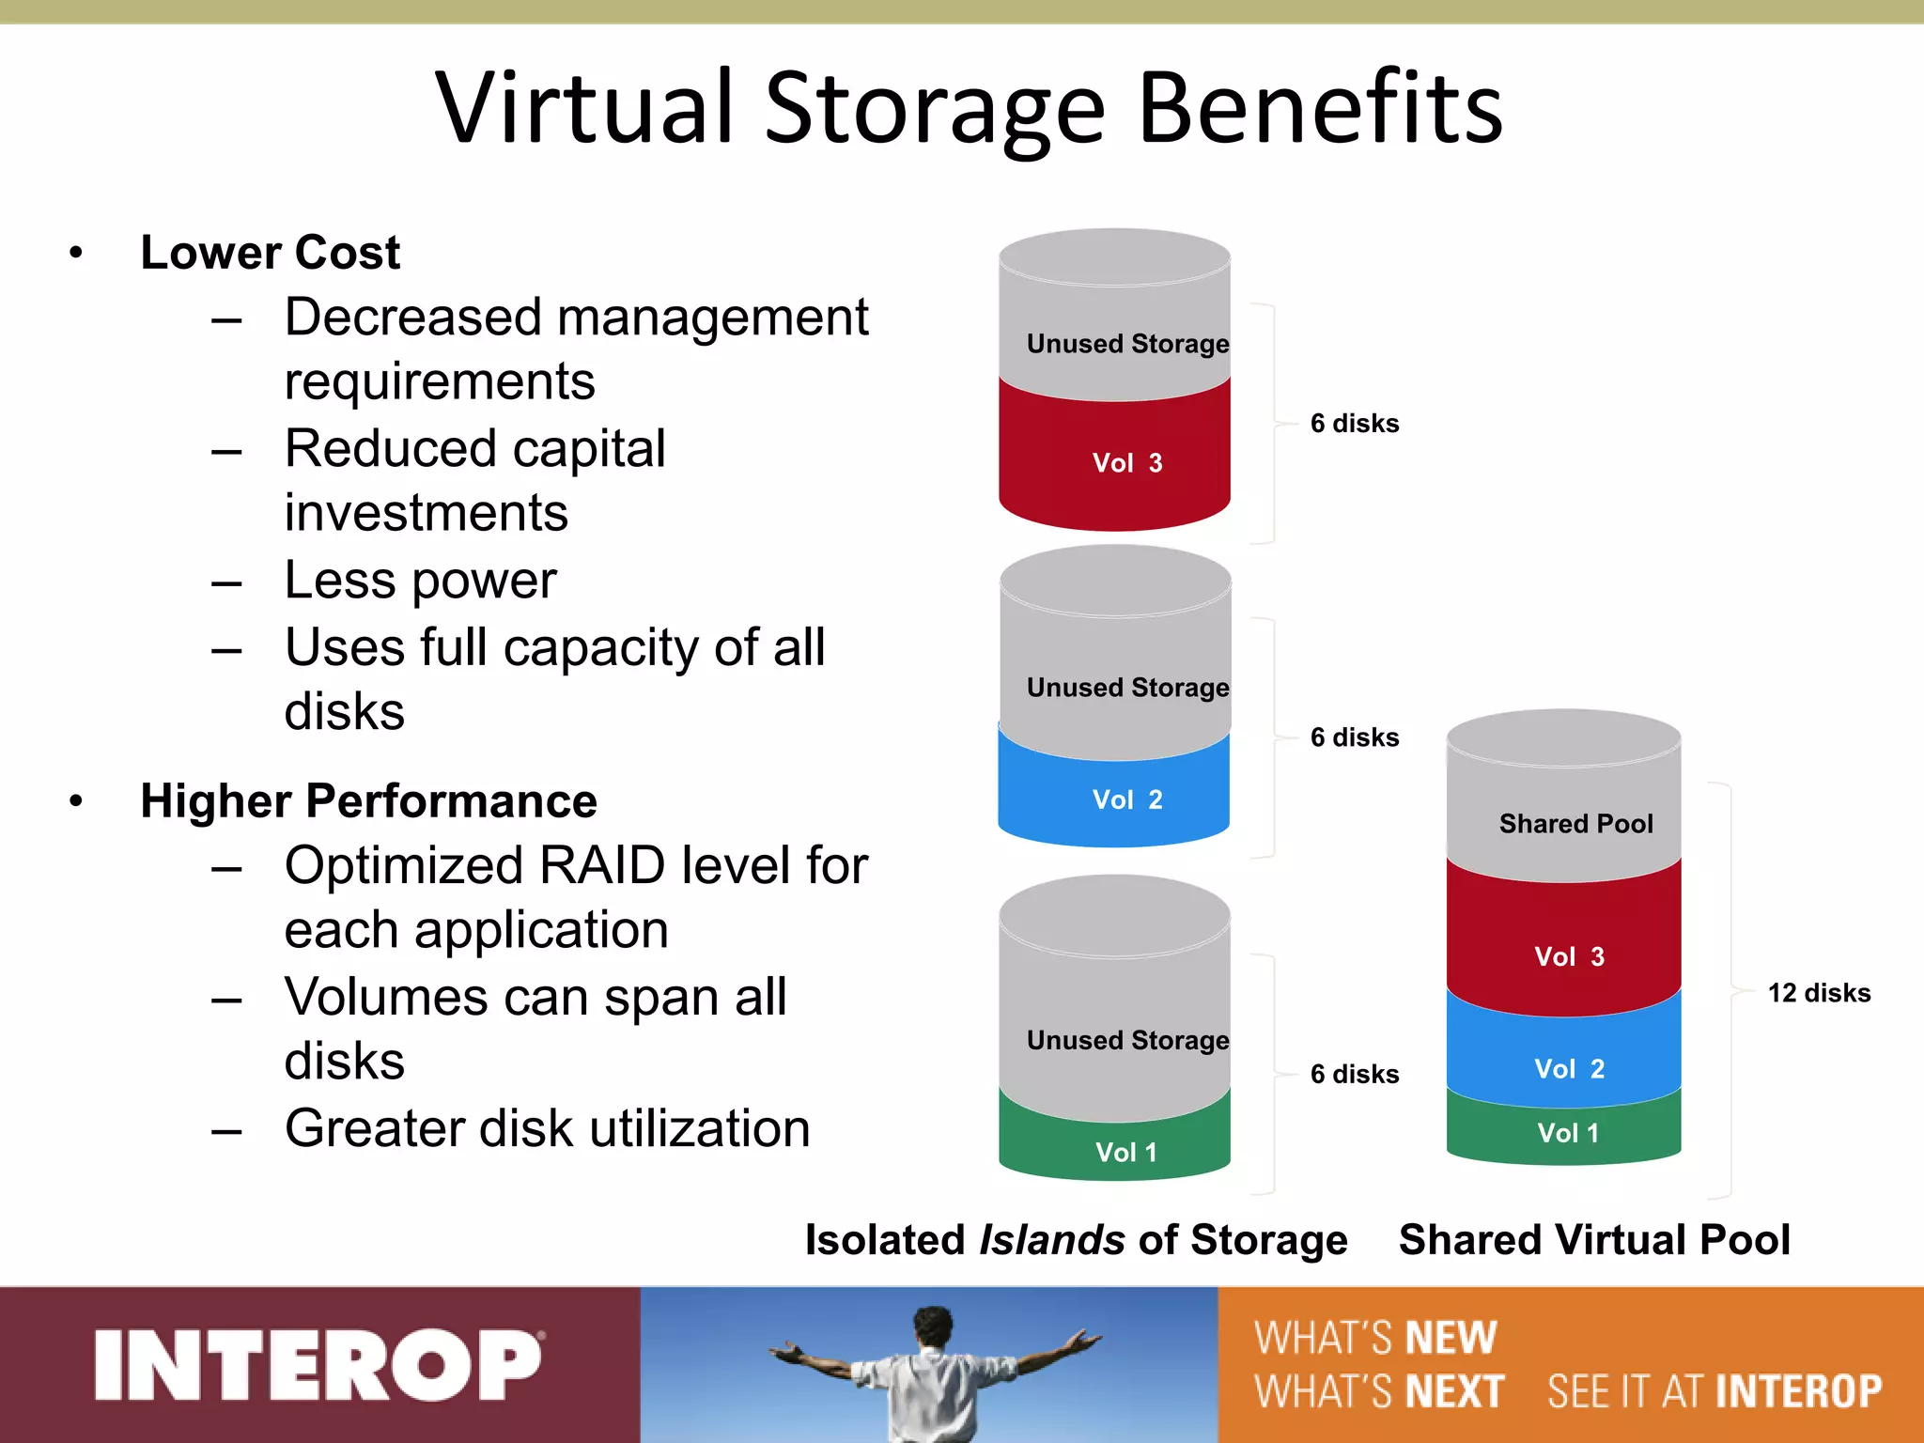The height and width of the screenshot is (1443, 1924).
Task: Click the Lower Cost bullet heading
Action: [x=271, y=253]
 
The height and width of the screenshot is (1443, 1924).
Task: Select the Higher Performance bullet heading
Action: [x=368, y=801]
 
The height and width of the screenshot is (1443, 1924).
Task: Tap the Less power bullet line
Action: [x=420, y=580]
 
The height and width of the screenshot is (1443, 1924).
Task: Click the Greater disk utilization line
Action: [x=547, y=1128]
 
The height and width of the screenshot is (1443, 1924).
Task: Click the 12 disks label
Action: [x=1819, y=993]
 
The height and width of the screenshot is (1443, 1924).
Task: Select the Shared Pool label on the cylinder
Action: [x=1575, y=824]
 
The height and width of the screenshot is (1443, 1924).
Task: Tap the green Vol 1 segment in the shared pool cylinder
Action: [x=1568, y=1133]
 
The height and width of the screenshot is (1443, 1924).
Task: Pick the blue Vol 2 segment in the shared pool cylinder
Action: [x=1569, y=1068]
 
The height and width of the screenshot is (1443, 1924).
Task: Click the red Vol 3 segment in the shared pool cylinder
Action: [x=1569, y=956]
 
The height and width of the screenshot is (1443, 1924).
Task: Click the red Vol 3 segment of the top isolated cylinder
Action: [x=1126, y=462]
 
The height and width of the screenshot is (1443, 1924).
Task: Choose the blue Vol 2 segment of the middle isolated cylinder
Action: [x=1126, y=799]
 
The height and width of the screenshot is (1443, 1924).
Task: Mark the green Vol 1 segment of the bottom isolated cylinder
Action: [x=1125, y=1152]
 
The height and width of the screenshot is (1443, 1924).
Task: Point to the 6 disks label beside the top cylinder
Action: [x=1354, y=424]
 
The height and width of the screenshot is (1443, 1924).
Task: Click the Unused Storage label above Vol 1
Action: [x=1127, y=1040]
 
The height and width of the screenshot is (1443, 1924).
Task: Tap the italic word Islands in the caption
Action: [x=1052, y=1240]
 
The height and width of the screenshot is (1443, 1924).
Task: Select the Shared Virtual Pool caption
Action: [x=1594, y=1240]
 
